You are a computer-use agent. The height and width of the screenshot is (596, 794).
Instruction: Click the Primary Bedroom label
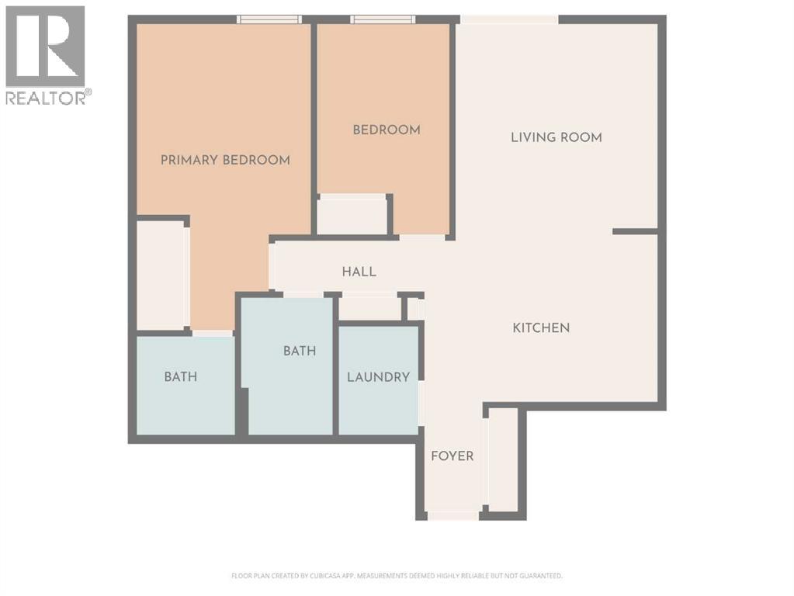point(225,160)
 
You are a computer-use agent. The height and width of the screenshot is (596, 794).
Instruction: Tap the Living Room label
point(556,137)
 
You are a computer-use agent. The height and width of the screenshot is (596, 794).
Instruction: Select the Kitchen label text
point(541,327)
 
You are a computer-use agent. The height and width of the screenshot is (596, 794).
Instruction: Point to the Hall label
point(359,272)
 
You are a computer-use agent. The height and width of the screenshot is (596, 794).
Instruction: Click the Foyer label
point(452,456)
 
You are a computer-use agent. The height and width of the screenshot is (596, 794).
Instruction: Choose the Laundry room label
point(378,377)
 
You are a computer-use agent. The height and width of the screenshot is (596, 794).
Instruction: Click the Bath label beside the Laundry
point(300,351)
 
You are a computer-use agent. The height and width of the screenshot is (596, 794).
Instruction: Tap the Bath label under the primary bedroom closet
point(180,377)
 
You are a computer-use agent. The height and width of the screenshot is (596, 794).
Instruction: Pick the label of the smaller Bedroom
point(387,130)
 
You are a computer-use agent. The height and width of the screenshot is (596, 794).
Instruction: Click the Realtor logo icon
point(45,47)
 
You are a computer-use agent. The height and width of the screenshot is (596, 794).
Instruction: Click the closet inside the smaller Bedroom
point(352,215)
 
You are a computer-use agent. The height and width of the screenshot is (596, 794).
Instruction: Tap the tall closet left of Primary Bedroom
point(161,275)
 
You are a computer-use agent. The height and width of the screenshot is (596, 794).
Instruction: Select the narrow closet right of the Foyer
point(503,461)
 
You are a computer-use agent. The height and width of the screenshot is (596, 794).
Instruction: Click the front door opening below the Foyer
point(453,515)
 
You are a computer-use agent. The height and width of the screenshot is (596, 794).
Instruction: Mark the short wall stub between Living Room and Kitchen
point(635,231)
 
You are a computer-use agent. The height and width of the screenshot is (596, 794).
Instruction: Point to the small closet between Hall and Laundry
point(369,307)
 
